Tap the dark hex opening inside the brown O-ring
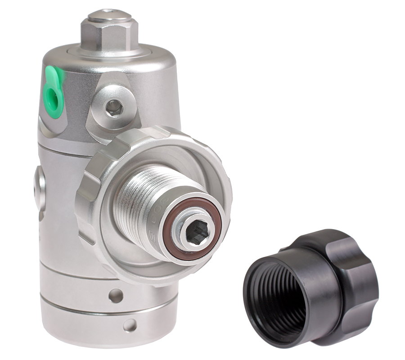click(197, 233)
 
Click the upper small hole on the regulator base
click(116, 295)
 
